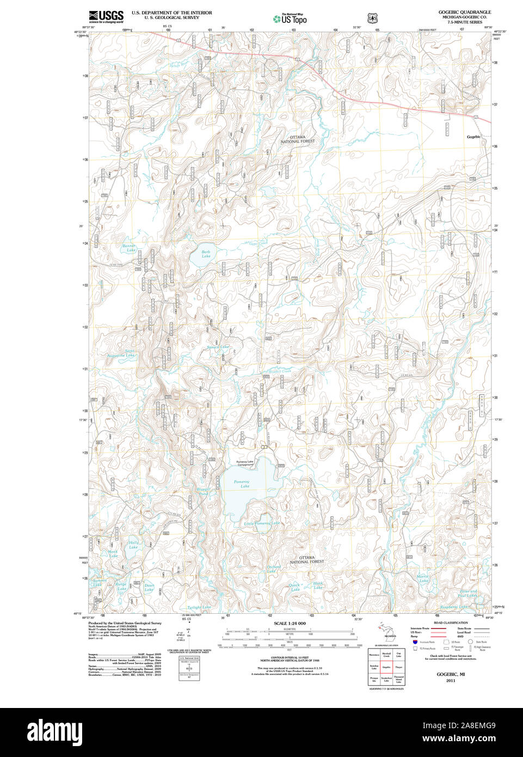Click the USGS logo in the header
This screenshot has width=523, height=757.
click(x=107, y=16)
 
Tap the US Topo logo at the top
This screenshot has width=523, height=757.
click(x=290, y=19)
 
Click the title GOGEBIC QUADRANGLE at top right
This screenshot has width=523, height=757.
click(x=465, y=12)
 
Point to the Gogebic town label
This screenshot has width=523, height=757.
click(x=474, y=137)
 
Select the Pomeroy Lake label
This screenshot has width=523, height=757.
click(x=242, y=484)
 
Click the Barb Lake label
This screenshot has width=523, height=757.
click(x=206, y=254)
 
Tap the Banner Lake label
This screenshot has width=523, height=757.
click(x=129, y=248)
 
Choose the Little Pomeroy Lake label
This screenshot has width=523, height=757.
click(x=262, y=523)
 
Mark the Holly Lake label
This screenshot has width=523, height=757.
click(x=133, y=545)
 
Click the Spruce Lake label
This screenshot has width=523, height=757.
click(x=218, y=347)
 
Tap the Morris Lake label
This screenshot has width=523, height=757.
click(x=423, y=578)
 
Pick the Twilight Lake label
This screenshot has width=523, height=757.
click(x=199, y=607)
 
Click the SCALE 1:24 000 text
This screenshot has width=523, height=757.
click(x=290, y=623)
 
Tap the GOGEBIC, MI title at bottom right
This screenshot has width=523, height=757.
click(x=450, y=674)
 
